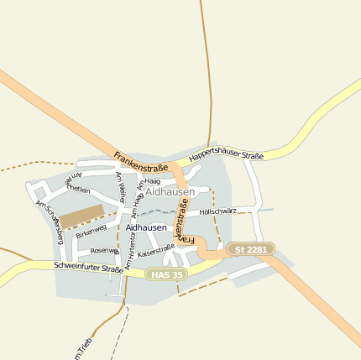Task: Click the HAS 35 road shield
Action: click(166, 274)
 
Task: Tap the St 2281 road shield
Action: click(250, 249)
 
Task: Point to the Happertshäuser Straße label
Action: click(227, 156)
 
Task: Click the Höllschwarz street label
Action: click(219, 211)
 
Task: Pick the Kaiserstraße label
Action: click(155, 250)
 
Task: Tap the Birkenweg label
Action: click(91, 231)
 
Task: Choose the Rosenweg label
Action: click(106, 250)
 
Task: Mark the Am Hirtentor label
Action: click(130, 250)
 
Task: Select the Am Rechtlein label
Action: click(77, 184)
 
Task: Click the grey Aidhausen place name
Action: click(170, 192)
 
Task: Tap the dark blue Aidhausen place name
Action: click(146, 227)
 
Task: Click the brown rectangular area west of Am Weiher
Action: click(81, 215)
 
